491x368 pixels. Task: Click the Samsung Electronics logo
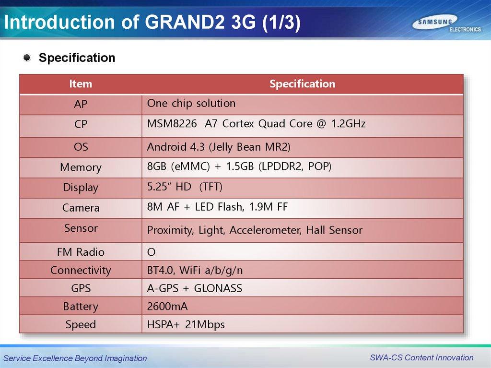(x=446, y=24)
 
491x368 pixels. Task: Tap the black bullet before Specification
(x=27, y=58)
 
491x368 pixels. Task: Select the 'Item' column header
(x=81, y=83)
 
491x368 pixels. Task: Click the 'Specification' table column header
(x=302, y=83)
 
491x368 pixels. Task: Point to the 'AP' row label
(x=81, y=104)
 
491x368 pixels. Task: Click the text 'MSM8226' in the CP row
(x=172, y=123)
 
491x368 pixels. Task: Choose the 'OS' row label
(x=81, y=147)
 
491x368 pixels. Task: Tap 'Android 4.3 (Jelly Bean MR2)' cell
(x=219, y=147)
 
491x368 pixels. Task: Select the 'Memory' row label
(x=81, y=167)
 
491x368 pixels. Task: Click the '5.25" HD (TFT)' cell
(x=185, y=187)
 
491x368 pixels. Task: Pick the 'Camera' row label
(x=81, y=207)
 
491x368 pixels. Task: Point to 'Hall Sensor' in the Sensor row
(x=334, y=230)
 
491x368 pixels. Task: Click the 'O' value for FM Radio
(x=151, y=252)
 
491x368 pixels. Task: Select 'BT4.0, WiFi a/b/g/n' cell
(x=195, y=270)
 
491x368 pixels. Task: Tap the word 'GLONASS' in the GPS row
(x=218, y=288)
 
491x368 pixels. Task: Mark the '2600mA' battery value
(x=167, y=306)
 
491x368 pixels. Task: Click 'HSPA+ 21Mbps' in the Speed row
(x=186, y=324)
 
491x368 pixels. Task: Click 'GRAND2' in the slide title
(x=185, y=22)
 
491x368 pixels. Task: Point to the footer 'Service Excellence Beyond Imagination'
(x=75, y=358)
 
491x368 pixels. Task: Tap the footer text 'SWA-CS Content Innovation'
(x=421, y=357)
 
